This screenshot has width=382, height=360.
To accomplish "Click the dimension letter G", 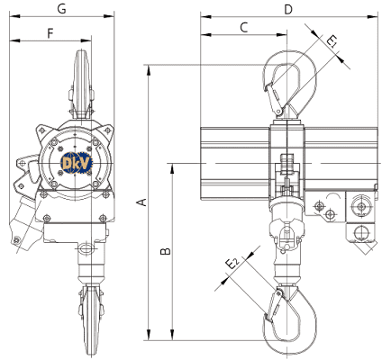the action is pyautogui.click(x=62, y=9).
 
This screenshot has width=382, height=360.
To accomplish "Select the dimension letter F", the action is pyautogui.click(x=50, y=33).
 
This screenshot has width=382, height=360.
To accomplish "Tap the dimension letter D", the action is pyautogui.click(x=288, y=10).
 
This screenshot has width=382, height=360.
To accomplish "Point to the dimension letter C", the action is pyautogui.click(x=244, y=27).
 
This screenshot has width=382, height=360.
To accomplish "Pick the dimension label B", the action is pyautogui.click(x=166, y=251).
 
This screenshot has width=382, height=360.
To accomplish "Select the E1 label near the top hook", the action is pyautogui.click(x=332, y=41).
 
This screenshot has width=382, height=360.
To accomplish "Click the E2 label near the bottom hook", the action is pyautogui.click(x=232, y=264).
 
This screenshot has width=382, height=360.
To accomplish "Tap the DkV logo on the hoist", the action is pyautogui.click(x=77, y=164).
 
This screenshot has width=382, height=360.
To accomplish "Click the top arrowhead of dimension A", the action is pyautogui.click(x=148, y=69).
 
